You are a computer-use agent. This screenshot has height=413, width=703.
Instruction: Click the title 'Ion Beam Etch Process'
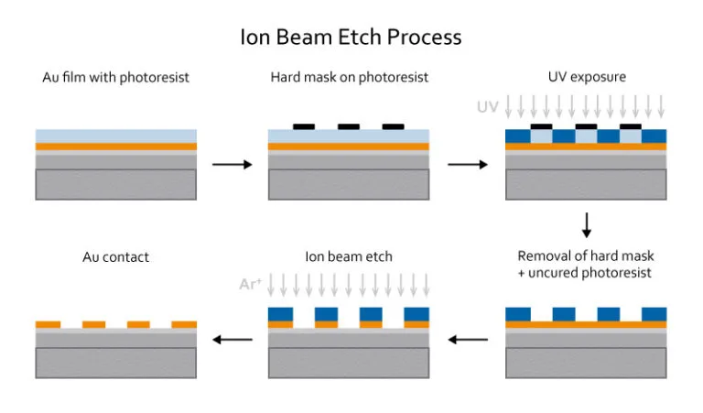(x=351, y=38)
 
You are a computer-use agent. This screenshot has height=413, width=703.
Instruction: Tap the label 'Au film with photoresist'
(x=115, y=78)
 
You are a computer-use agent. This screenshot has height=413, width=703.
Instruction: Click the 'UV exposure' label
(x=586, y=78)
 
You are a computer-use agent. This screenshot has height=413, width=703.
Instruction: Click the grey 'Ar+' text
(x=251, y=285)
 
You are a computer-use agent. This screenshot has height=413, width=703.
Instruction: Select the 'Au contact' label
(x=115, y=256)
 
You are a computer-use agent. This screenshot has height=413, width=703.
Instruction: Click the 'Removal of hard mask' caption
(x=586, y=255)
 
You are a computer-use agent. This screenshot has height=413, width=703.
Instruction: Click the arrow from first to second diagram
(x=232, y=166)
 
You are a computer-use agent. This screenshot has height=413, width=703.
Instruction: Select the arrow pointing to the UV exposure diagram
(x=467, y=166)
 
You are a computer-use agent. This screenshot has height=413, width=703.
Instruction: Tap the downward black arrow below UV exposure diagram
(x=587, y=224)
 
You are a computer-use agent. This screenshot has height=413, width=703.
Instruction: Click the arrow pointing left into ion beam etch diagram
(x=467, y=340)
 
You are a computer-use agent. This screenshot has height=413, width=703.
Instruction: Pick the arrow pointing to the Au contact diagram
(x=232, y=340)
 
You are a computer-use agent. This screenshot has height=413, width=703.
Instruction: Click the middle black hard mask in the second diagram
(x=348, y=126)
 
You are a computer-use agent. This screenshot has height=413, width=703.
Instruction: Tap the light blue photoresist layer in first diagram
(x=115, y=136)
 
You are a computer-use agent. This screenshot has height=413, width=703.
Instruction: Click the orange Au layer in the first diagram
(x=115, y=147)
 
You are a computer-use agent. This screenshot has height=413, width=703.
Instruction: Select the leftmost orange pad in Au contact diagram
(x=48, y=324)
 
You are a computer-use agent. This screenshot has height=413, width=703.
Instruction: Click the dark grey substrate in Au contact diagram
(x=115, y=363)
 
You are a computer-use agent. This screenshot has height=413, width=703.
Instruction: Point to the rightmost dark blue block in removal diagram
(x=654, y=314)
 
